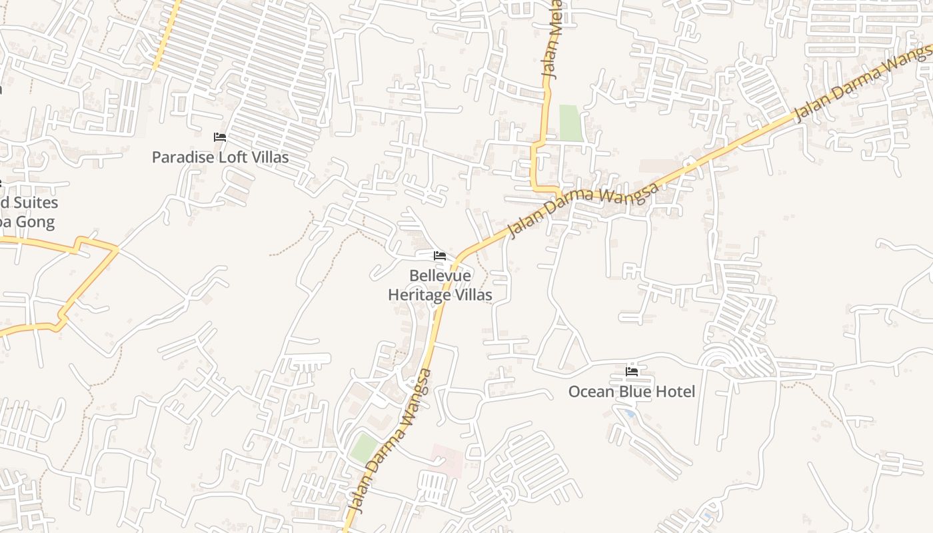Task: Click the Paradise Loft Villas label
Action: (220, 157)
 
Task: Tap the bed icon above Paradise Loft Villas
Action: (220, 137)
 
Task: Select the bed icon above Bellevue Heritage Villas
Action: (439, 255)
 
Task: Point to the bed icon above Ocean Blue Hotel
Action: (632, 371)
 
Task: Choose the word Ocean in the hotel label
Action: (591, 392)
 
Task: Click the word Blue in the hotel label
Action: (637, 392)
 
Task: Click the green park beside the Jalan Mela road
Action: (570, 123)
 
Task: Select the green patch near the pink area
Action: (364, 448)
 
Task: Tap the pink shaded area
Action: (447, 460)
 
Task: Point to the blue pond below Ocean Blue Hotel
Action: (630, 414)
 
